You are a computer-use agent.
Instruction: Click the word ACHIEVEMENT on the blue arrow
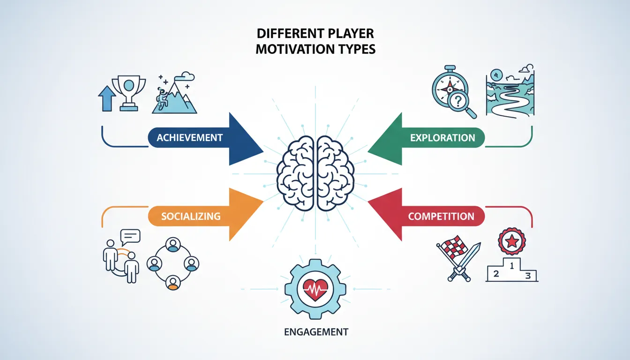point(189,138)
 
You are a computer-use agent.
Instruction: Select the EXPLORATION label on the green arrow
point(442,138)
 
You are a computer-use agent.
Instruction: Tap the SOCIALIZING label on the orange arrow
point(190,216)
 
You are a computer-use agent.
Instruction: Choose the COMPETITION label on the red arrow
point(441,217)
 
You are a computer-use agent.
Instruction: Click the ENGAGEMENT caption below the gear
point(316,332)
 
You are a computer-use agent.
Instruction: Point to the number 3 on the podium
point(527,275)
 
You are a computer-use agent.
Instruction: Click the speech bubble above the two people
point(130,236)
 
